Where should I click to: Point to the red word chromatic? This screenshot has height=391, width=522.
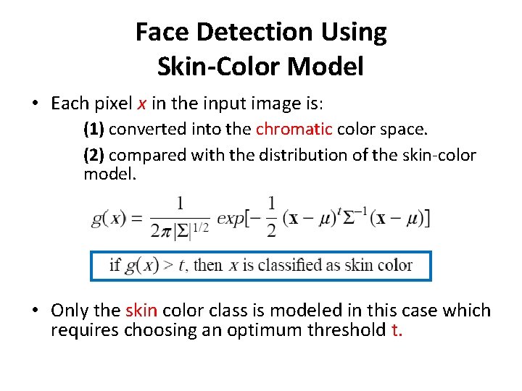(294, 130)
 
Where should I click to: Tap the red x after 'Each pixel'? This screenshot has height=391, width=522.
(141, 104)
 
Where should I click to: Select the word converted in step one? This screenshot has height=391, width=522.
(143, 130)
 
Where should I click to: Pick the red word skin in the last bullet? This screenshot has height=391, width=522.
(141, 311)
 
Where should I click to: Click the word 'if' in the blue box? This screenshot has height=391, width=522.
(115, 265)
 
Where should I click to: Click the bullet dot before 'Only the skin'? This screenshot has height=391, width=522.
(36, 311)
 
